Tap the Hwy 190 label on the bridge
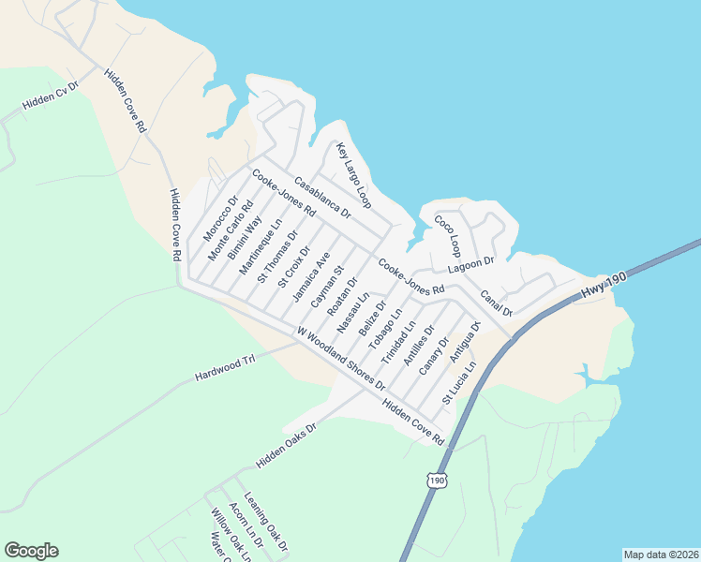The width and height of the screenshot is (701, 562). tap(602, 288)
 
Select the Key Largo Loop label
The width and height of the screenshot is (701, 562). tap(354, 175)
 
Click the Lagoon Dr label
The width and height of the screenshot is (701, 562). tap(470, 268)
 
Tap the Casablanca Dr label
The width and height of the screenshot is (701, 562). tap(321, 198)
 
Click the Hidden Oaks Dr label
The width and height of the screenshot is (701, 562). tap(288, 445)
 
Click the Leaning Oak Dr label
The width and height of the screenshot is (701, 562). tap(265, 521)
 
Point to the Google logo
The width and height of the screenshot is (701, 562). tap(31, 551)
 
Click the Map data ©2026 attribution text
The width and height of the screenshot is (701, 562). tap(660, 555)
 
